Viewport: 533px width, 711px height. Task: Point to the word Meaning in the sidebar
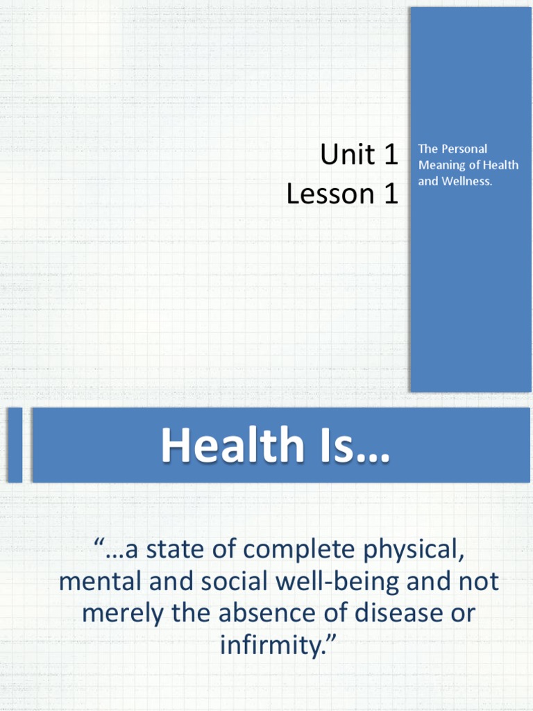pyautogui.click(x=441, y=165)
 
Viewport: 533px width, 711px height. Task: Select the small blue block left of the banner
pyautogui.click(x=15, y=445)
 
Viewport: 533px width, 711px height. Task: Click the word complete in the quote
pyautogui.click(x=301, y=551)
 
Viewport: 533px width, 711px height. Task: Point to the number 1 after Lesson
pyautogui.click(x=391, y=194)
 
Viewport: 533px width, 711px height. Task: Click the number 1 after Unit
pyautogui.click(x=391, y=156)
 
